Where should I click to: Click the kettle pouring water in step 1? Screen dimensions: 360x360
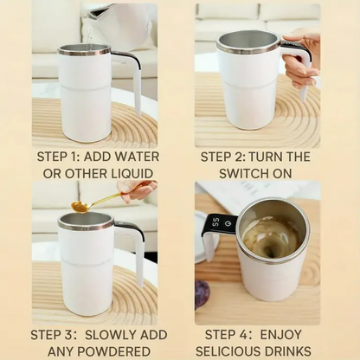click(121, 22)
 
